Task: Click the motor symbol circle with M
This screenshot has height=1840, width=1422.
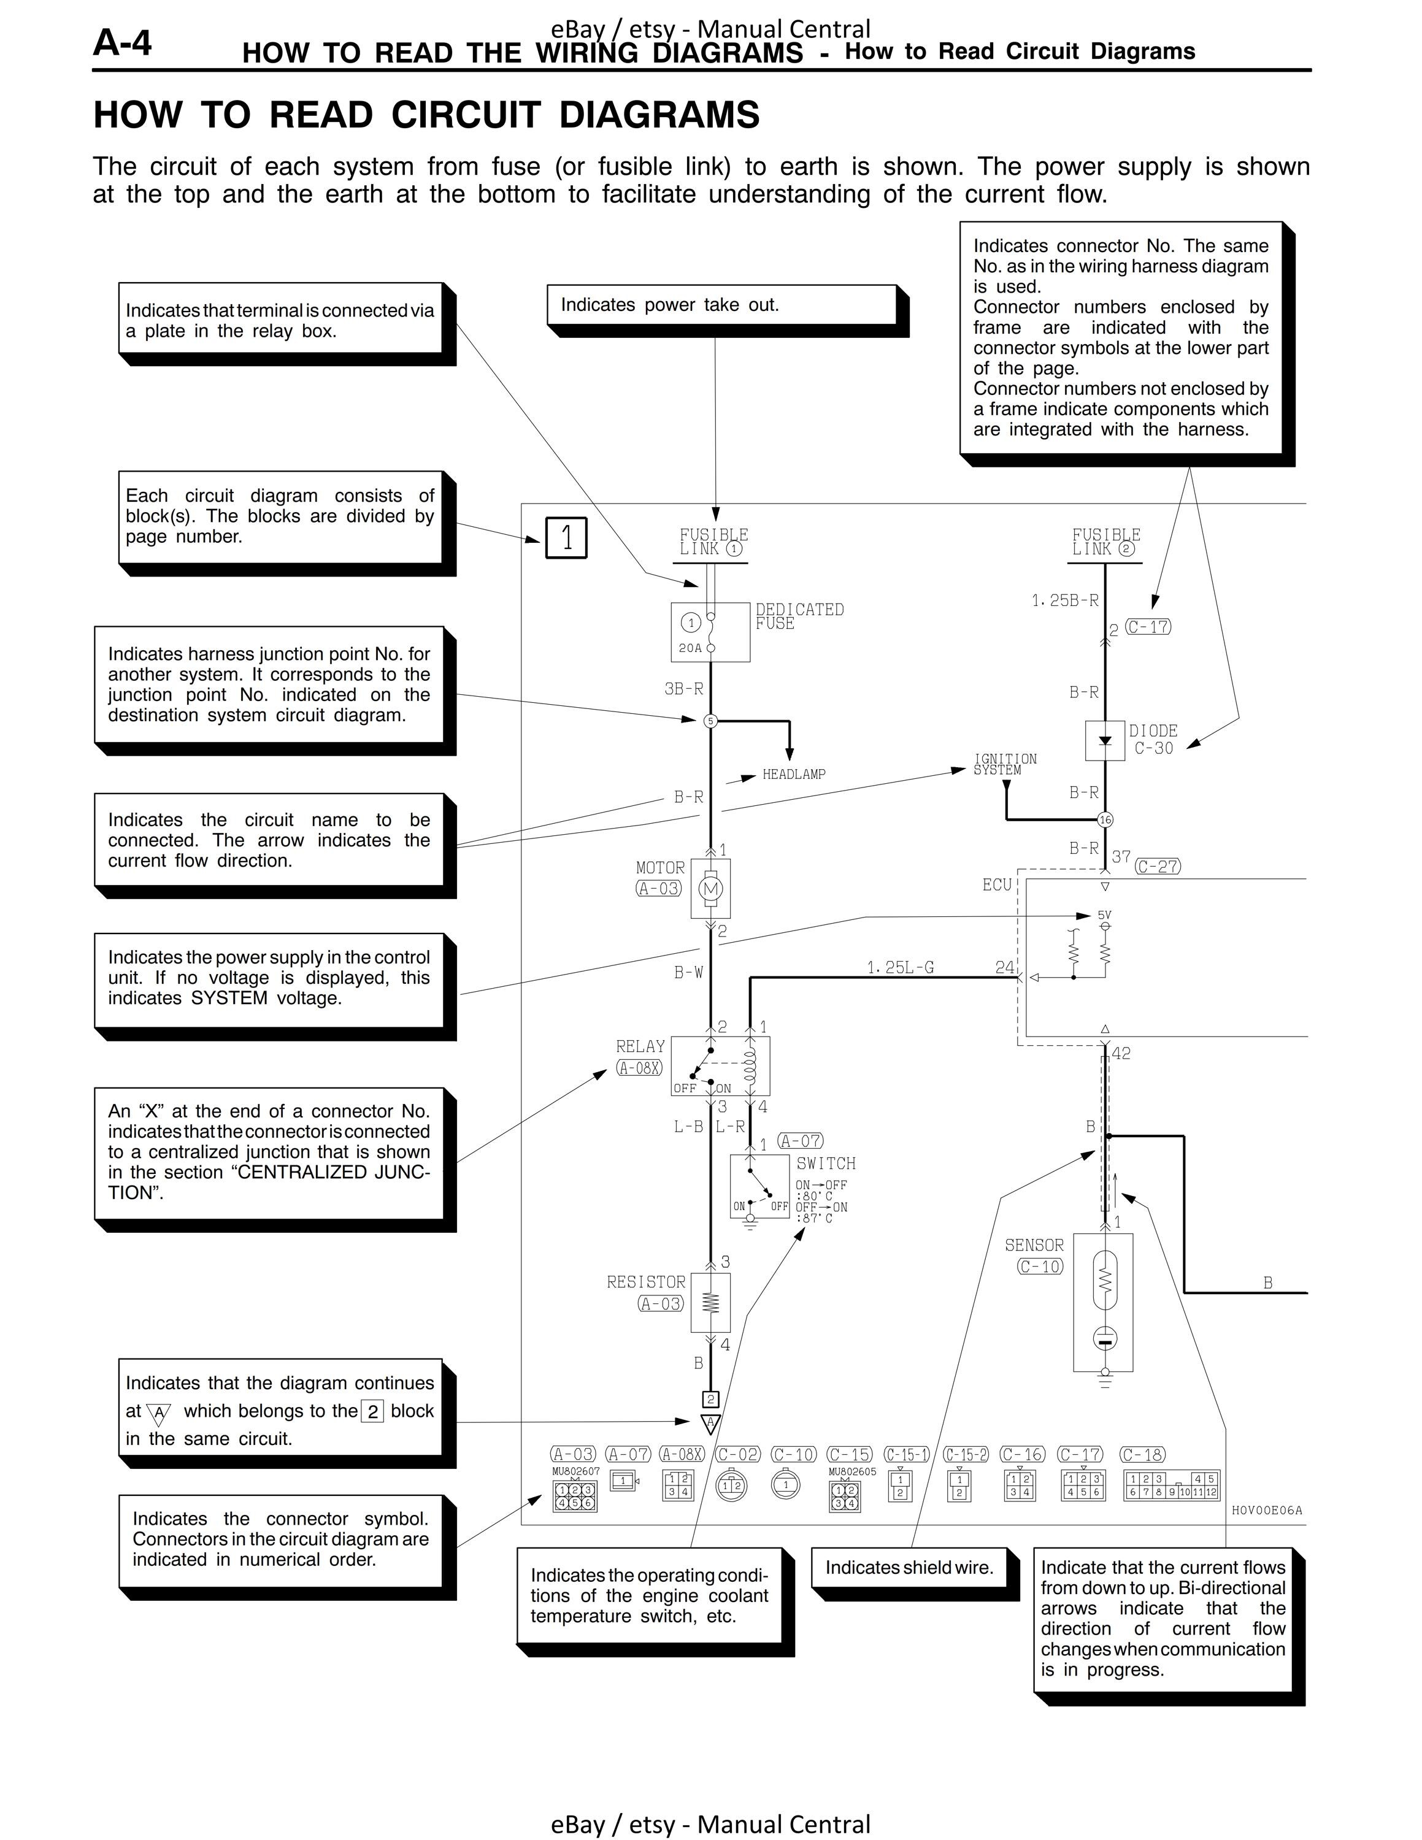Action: [x=710, y=889]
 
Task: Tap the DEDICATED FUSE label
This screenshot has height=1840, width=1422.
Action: [x=799, y=616]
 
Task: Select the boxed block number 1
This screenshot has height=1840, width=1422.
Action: [x=566, y=537]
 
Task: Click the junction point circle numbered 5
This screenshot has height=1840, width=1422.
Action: [x=710, y=721]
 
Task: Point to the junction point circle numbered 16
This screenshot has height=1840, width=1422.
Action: [x=1105, y=820]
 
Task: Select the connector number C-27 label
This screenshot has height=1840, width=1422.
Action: [x=1158, y=866]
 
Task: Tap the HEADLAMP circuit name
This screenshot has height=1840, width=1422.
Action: [x=794, y=774]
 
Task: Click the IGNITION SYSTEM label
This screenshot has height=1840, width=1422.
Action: [x=1005, y=765]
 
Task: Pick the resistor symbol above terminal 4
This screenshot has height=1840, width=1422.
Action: [x=710, y=1303]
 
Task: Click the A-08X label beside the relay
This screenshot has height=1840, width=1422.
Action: [x=639, y=1067]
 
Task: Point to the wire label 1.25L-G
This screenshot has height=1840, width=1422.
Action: [x=901, y=967]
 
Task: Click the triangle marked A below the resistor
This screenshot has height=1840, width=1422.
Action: [x=710, y=1424]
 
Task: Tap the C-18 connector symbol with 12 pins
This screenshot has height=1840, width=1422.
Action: [x=1172, y=1485]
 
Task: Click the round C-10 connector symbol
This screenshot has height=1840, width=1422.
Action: [x=786, y=1484]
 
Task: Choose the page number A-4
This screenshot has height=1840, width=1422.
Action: [x=123, y=42]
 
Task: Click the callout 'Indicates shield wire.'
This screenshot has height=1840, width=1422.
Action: [x=909, y=1568]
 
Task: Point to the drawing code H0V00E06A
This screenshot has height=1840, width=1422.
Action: [x=1267, y=1511]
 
